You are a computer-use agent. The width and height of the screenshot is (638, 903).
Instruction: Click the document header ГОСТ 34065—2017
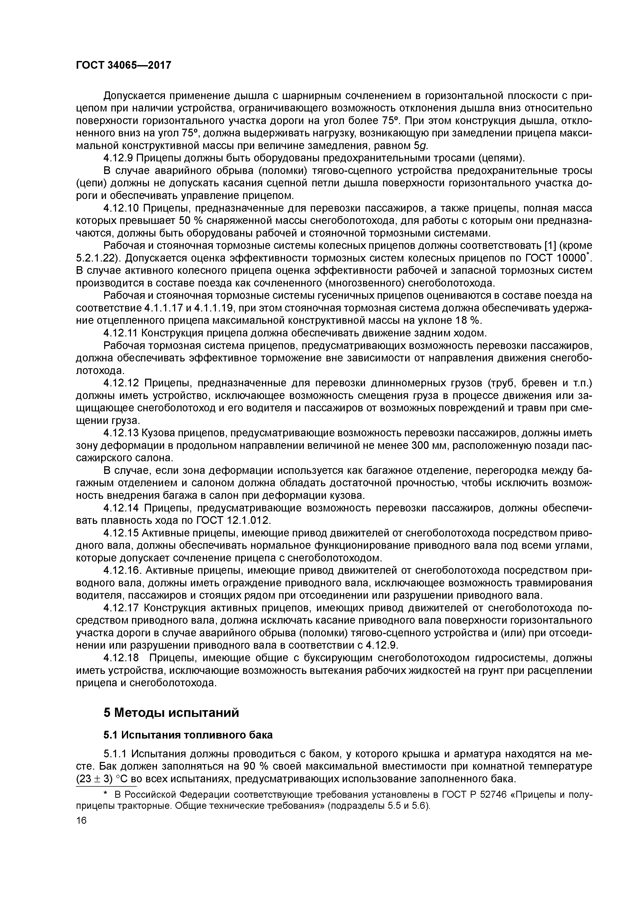click(x=123, y=65)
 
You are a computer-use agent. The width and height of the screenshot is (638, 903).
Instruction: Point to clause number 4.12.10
click(x=121, y=208)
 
